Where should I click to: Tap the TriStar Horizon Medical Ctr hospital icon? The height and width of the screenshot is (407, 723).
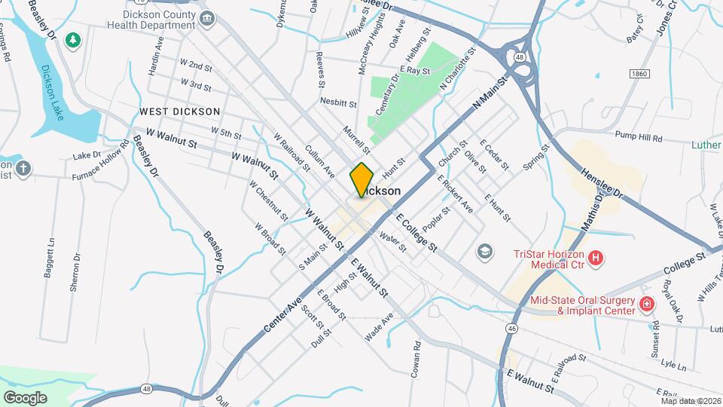pyautogui.click(x=596, y=259)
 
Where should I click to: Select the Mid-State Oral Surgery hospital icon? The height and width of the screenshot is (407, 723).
pyautogui.click(x=646, y=304)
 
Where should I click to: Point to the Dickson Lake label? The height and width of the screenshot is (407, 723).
pyautogui.click(x=53, y=93)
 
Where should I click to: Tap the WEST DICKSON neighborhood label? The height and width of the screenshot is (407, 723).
pyautogui.click(x=179, y=112)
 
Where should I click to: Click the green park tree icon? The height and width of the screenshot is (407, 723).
pyautogui.click(x=73, y=39)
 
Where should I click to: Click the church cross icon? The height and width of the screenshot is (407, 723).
pyautogui.click(x=23, y=168)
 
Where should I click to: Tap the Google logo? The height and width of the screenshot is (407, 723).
pyautogui.click(x=25, y=397)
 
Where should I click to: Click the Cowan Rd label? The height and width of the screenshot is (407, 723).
pyautogui.click(x=416, y=362)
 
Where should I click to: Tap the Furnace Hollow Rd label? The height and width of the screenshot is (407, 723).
pyautogui.click(x=101, y=159)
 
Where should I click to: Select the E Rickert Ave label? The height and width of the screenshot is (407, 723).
pyautogui.click(x=455, y=193)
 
